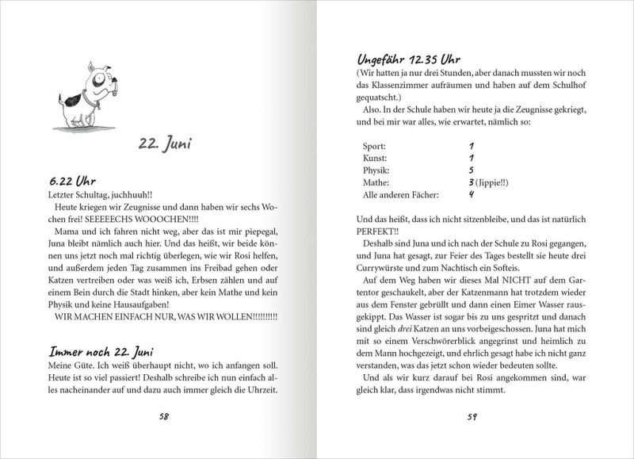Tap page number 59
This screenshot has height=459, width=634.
coord(470,415)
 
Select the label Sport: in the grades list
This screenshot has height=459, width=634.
coord(374,147)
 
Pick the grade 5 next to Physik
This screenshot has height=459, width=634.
coord(471,170)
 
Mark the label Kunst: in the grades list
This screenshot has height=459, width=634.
coord(375,159)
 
